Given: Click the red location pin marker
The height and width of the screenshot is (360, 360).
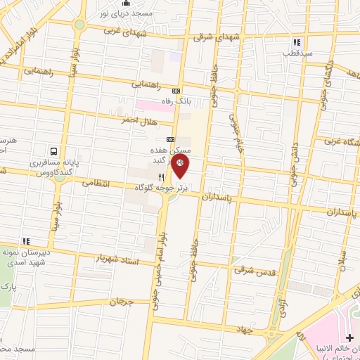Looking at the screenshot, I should pos(181,167).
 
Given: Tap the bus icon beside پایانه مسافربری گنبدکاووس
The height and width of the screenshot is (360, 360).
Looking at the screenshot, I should pos(54,150).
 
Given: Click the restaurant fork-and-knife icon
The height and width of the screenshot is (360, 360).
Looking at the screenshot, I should pos(162,178).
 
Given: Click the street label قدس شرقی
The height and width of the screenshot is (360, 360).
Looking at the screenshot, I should pos(255,270).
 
